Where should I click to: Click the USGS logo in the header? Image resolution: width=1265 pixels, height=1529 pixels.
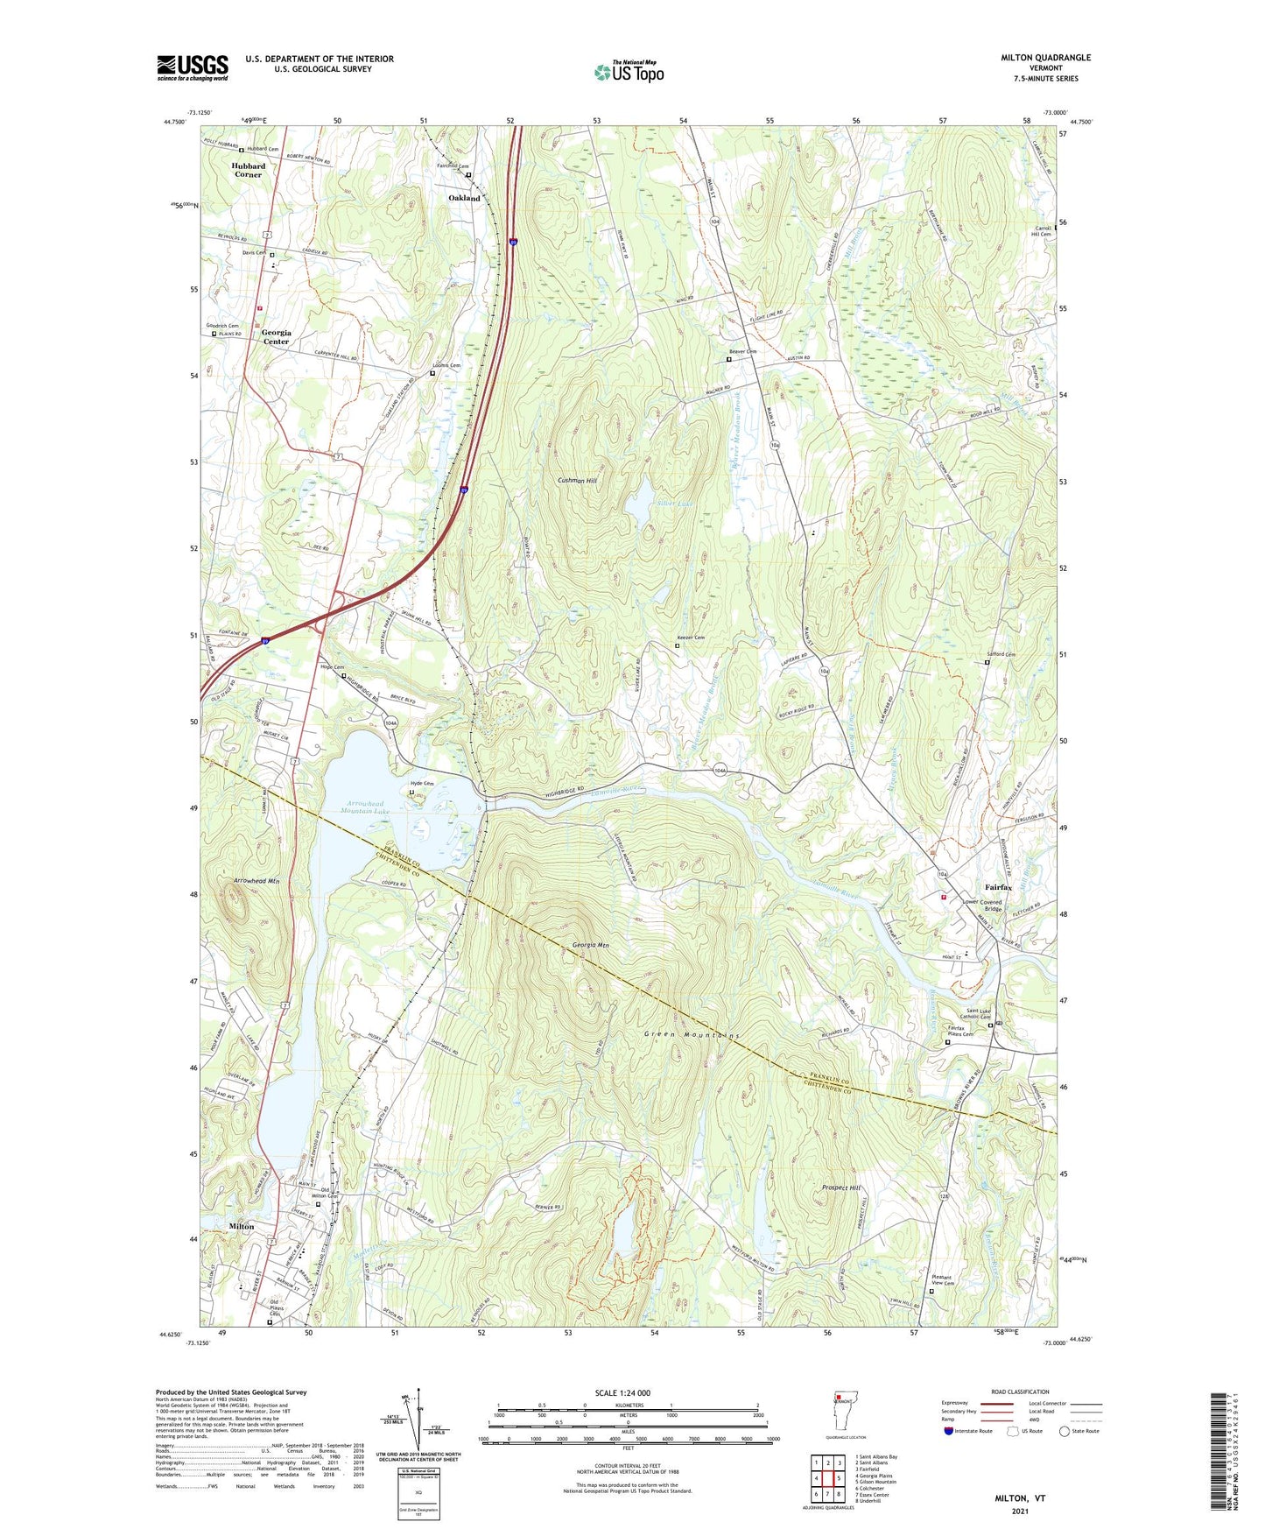tap(193, 67)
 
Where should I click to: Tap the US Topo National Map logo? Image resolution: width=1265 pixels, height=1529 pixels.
tap(628, 72)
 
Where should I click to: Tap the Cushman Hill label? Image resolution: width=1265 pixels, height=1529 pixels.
tap(577, 481)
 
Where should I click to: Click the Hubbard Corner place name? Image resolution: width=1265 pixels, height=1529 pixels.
tap(248, 170)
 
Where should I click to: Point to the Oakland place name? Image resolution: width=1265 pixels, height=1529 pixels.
tap(464, 198)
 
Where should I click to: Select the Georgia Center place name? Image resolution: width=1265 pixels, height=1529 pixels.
tap(276, 337)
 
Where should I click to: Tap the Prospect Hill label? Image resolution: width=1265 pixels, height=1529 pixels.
tap(841, 1188)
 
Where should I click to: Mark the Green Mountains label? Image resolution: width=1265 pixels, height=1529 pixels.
tap(692, 1035)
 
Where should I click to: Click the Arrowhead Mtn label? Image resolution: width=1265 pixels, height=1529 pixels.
tap(257, 880)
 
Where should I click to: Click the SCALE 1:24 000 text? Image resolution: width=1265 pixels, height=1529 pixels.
tap(622, 1393)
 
